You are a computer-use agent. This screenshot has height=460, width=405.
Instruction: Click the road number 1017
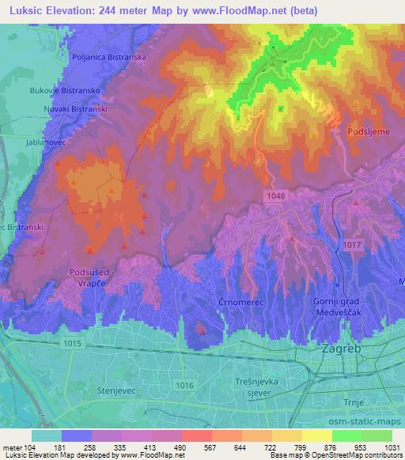[354, 245]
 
